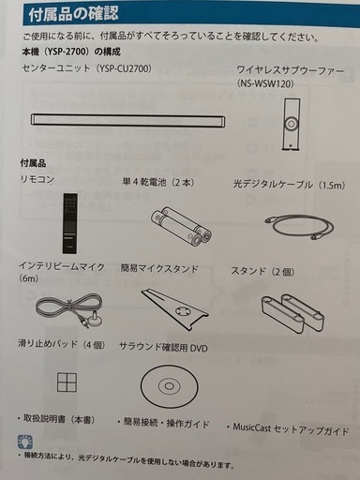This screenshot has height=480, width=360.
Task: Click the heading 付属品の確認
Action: [x=74, y=14]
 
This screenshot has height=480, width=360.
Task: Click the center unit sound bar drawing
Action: [x=127, y=121]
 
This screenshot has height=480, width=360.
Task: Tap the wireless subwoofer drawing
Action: [x=291, y=124]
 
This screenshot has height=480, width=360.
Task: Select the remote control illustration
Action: [x=70, y=223]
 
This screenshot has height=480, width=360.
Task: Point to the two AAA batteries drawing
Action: [x=181, y=226]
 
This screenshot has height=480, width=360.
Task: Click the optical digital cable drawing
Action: [x=299, y=227]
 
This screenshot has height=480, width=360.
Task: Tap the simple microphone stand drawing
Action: [x=174, y=308]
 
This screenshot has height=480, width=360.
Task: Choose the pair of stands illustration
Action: [x=292, y=313]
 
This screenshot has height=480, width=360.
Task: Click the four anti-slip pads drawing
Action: [x=67, y=382]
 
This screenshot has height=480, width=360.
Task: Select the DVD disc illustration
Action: [x=169, y=386]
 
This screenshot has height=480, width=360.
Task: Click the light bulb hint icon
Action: [x=25, y=442]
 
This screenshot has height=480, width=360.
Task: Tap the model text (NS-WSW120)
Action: [x=265, y=83]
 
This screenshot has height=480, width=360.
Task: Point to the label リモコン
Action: [x=37, y=180]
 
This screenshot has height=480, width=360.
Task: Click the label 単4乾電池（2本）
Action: [x=158, y=182]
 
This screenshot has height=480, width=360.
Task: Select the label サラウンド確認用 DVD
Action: [x=163, y=347]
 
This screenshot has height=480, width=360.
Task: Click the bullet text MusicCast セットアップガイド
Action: [x=288, y=429]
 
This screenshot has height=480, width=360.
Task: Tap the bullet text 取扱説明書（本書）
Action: [x=56, y=419]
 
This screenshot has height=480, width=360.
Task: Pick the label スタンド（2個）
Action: [x=262, y=271]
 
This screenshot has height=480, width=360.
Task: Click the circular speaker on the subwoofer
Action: [x=291, y=124]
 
